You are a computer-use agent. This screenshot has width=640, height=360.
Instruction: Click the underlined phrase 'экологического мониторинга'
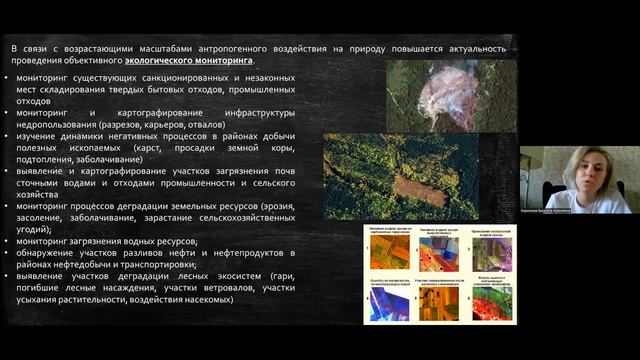(x=196, y=60)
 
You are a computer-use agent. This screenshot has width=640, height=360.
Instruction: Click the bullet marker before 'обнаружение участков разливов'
(x=9, y=254)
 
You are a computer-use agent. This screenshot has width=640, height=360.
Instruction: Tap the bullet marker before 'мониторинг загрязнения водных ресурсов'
(x=9, y=241)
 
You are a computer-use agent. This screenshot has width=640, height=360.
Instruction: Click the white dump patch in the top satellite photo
(x=444, y=96)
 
